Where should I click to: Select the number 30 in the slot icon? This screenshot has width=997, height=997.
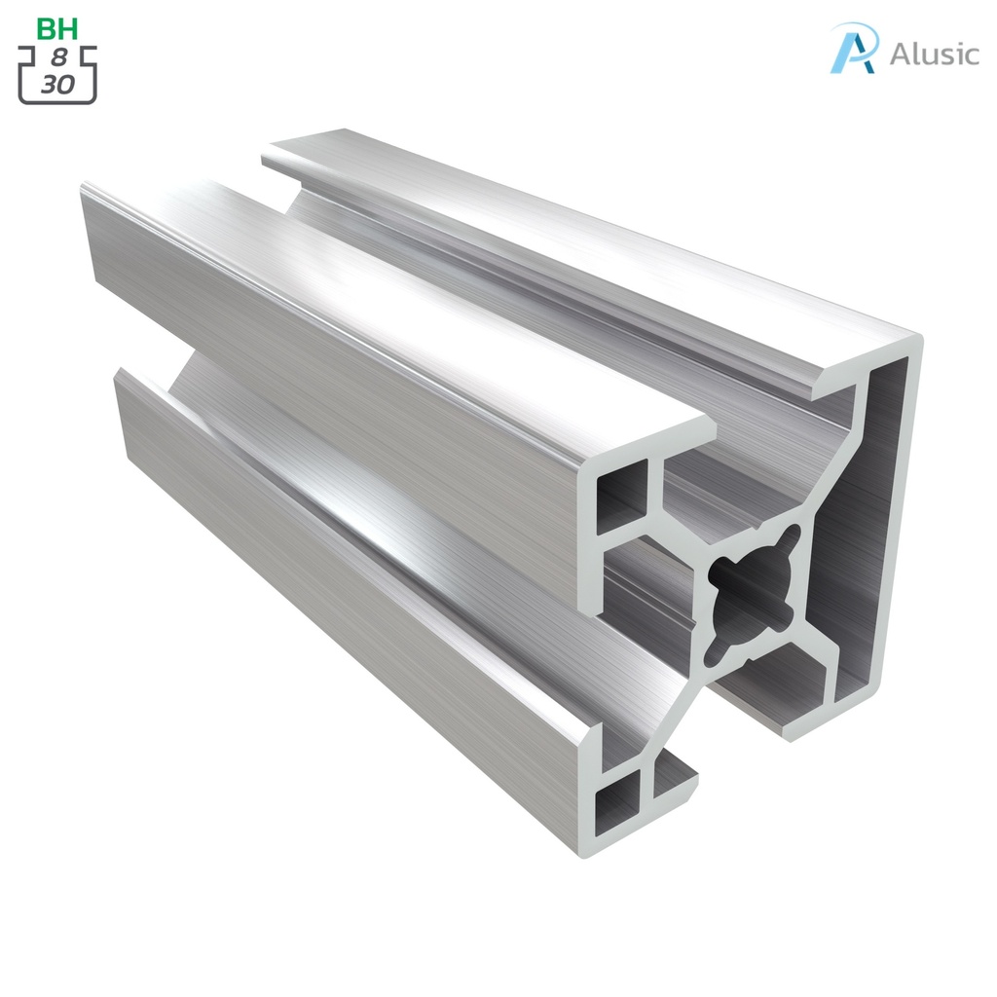pyautogui.click(x=58, y=85)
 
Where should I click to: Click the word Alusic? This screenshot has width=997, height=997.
pyautogui.click(x=934, y=54)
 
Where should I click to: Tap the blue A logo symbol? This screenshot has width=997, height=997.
pyautogui.click(x=854, y=49)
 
